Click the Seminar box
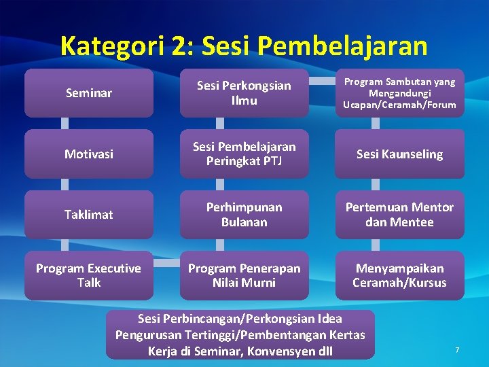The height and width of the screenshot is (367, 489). (x=88, y=93)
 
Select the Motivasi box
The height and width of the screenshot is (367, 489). (x=88, y=154)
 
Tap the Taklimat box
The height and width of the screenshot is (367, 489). (x=88, y=215)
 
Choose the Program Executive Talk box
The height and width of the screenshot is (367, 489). (x=88, y=275)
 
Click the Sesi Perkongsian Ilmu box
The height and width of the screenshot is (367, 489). (x=244, y=93)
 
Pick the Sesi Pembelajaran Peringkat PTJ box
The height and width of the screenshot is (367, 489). (x=244, y=154)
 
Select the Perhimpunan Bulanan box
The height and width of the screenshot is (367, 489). (x=244, y=215)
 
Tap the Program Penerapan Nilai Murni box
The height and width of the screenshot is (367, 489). (x=244, y=275)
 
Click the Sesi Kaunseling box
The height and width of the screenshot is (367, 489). (x=399, y=154)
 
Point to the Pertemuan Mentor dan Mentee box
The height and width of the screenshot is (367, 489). (x=399, y=215)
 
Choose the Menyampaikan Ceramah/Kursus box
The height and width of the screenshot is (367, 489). (x=399, y=275)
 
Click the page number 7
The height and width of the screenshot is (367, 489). (x=457, y=350)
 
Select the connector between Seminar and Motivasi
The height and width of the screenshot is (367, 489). (x=65, y=124)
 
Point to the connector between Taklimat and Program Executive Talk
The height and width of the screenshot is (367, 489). (x=65, y=245)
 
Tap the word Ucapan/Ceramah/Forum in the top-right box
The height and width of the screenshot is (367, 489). (x=399, y=105)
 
